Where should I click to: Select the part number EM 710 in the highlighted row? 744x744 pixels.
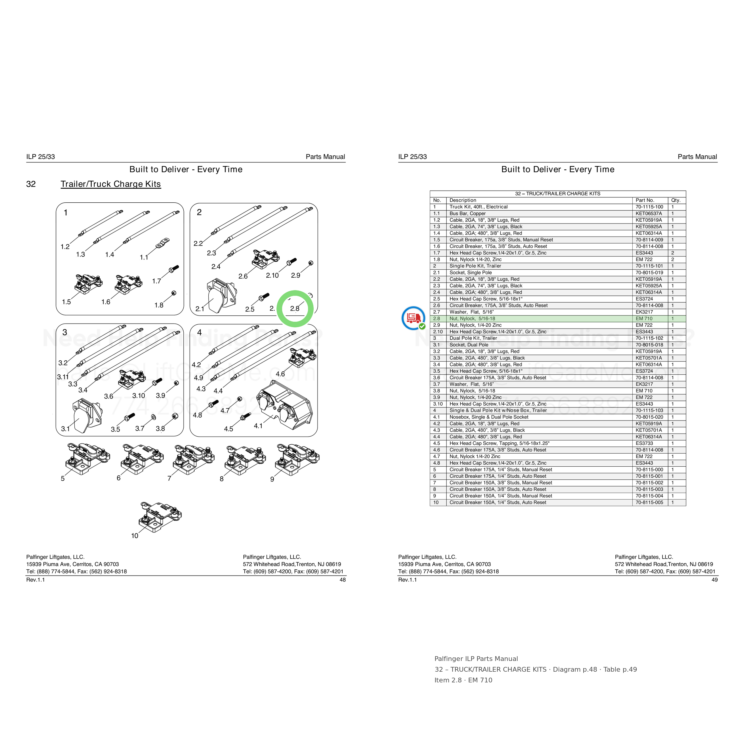click(x=644, y=318)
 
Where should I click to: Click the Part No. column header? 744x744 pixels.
click(x=645, y=200)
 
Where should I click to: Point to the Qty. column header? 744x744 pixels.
click(x=676, y=200)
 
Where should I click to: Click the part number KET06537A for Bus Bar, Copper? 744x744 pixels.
click(x=649, y=213)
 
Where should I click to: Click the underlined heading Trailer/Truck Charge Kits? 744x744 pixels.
click(x=110, y=184)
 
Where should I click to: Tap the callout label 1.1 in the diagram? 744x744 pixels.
click(x=144, y=257)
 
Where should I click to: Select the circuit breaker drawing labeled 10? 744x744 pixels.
click(x=160, y=517)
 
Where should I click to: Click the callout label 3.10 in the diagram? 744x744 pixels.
click(x=139, y=396)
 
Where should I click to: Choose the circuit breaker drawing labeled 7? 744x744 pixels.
click(x=194, y=459)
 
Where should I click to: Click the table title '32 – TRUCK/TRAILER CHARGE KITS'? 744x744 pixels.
click(x=558, y=194)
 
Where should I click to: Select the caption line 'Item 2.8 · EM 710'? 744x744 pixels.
click(x=463, y=680)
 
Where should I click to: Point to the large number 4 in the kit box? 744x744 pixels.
click(x=199, y=332)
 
